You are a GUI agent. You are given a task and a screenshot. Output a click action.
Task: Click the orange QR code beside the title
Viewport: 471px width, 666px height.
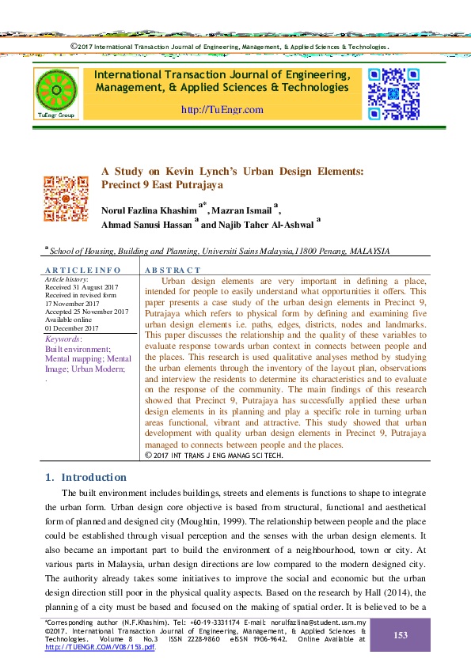(66, 198)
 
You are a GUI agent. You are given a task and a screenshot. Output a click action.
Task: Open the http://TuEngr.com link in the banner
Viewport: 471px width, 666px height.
(222, 109)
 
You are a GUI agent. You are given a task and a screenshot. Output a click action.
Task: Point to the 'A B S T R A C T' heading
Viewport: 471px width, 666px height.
(173, 271)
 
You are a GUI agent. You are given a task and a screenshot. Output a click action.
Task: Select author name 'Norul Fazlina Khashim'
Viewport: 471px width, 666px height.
(149, 210)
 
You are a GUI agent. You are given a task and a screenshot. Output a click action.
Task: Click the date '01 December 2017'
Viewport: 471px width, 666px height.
(72, 328)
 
